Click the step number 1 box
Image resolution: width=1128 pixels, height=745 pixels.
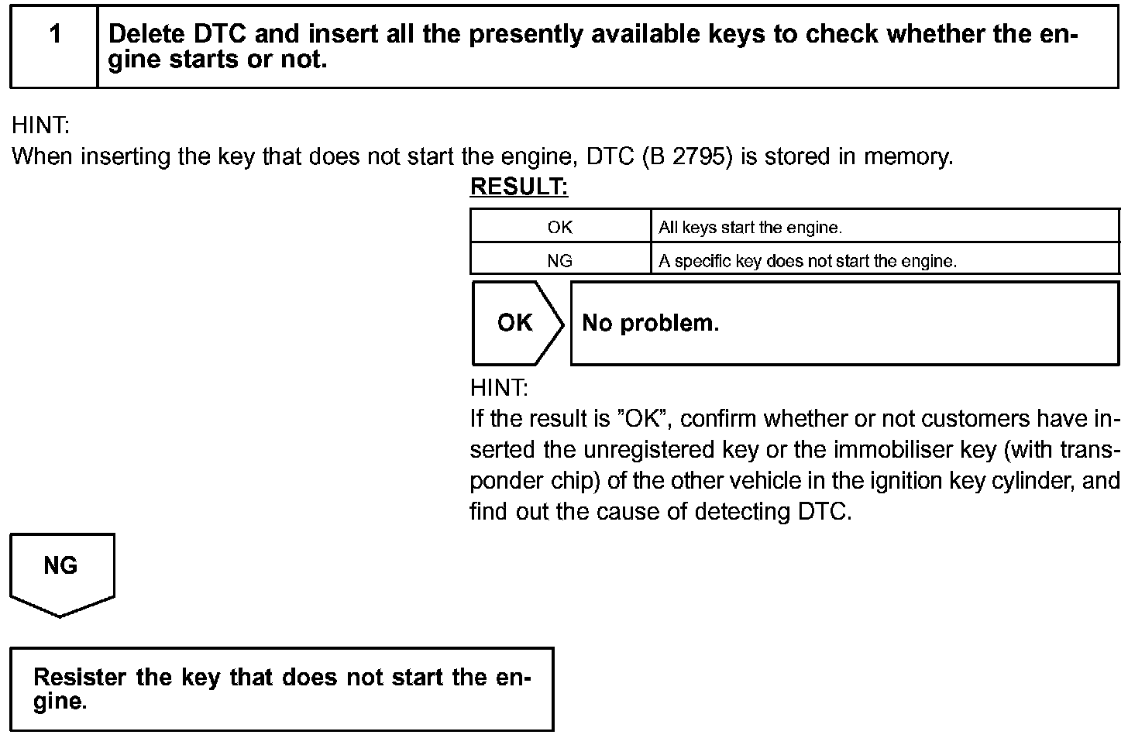click(x=54, y=46)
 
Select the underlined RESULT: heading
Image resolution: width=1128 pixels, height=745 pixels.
click(x=519, y=187)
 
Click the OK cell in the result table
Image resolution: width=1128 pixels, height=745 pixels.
click(x=559, y=227)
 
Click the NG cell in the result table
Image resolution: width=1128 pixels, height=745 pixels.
click(x=559, y=261)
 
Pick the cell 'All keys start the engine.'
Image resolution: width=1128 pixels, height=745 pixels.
click(x=750, y=228)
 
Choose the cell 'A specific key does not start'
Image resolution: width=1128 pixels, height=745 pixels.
click(x=807, y=261)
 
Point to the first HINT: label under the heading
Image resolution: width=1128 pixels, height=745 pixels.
click(x=40, y=125)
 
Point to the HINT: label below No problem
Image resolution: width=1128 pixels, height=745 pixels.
click(x=499, y=387)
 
